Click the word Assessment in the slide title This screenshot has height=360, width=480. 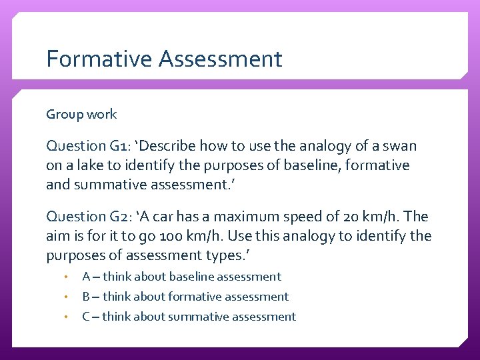point(221,59)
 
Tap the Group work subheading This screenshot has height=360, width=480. point(81,114)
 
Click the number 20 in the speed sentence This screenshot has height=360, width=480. point(353,217)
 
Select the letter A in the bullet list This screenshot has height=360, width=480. point(86,277)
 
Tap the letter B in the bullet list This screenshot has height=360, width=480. point(86,297)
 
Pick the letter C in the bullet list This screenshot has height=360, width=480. point(86,317)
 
